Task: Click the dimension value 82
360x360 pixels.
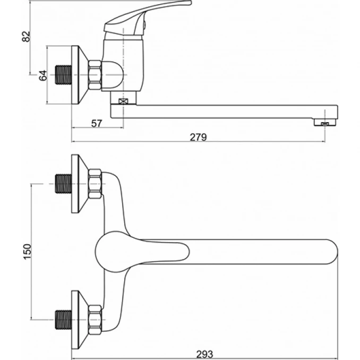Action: (26, 37)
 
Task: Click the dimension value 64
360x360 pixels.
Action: (43, 75)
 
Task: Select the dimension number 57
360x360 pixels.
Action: (97, 124)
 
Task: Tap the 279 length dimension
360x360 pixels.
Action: (199, 138)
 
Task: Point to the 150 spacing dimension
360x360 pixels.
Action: (27, 252)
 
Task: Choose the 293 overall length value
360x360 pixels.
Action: (205, 355)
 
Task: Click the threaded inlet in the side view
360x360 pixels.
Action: (64, 75)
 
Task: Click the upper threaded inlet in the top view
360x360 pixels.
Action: (64, 184)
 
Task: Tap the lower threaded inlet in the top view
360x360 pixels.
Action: (64, 320)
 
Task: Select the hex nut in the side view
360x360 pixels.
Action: (95, 75)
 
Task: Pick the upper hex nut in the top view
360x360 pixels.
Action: (95, 184)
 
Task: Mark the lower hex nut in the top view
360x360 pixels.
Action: (95, 320)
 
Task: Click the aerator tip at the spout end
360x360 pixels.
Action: (325, 122)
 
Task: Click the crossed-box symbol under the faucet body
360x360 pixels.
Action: (123, 101)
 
